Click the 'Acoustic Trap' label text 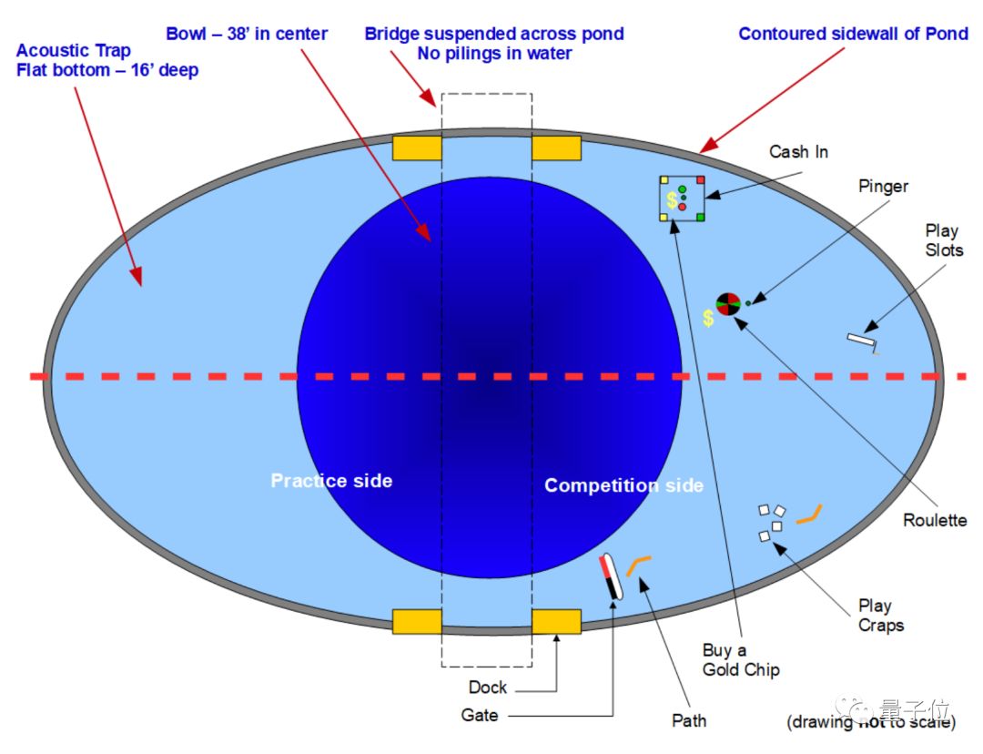point(74,51)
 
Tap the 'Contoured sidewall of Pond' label point(853,34)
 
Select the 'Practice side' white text point(331,480)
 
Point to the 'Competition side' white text point(623,485)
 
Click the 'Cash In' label point(798,151)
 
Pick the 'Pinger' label point(883,186)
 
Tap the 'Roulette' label point(935,520)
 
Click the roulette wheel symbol point(727,303)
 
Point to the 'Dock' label point(488,688)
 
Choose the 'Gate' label point(480,716)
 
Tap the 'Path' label point(689,720)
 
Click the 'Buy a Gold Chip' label point(741,660)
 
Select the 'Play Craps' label point(880,616)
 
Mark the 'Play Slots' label point(944,240)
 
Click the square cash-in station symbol point(682,198)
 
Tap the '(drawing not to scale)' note point(871,723)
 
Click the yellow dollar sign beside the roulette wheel point(707,319)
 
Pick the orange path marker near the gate point(638,565)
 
